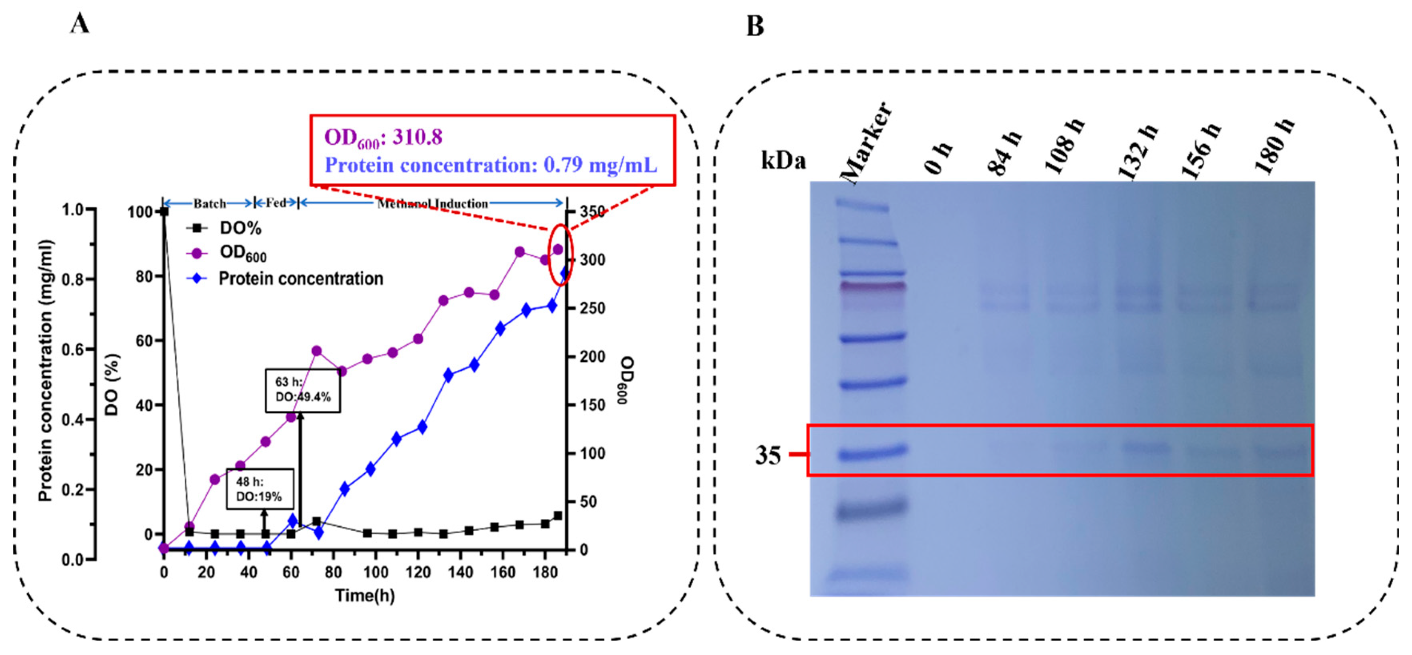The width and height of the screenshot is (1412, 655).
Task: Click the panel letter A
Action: coord(80,24)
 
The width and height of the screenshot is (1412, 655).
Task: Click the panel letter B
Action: coord(755,26)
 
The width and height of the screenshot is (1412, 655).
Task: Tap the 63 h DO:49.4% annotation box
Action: coord(303,390)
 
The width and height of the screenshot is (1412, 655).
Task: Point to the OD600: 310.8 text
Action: coord(383,137)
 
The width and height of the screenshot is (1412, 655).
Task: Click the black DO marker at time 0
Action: coord(163,212)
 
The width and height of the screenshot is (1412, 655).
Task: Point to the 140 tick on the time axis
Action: coord(460,572)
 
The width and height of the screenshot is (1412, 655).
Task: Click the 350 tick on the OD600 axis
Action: coord(592,212)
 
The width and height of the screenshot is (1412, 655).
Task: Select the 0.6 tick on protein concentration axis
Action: coord(74,350)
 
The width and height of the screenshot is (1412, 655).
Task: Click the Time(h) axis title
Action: coord(365,595)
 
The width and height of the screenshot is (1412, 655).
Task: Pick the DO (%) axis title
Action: coord(112,384)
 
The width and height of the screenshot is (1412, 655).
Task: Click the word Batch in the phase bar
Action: coord(209,204)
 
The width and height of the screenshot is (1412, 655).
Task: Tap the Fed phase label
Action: coord(276,203)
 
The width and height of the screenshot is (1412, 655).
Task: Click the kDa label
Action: coord(783,161)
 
